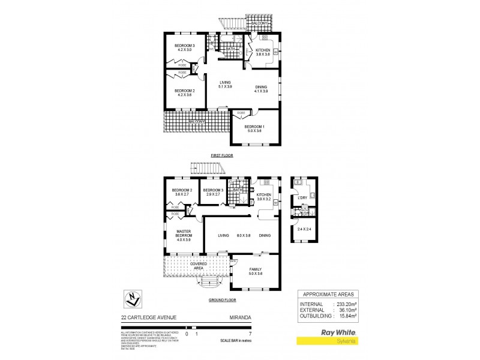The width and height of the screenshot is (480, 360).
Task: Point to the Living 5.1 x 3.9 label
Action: tap(225, 85)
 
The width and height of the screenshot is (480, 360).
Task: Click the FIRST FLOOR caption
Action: tap(221, 155)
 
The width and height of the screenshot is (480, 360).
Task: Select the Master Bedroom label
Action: tap(183, 235)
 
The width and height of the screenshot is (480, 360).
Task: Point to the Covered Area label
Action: tap(199, 265)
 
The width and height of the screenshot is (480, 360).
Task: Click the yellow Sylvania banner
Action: tap(340, 340)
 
